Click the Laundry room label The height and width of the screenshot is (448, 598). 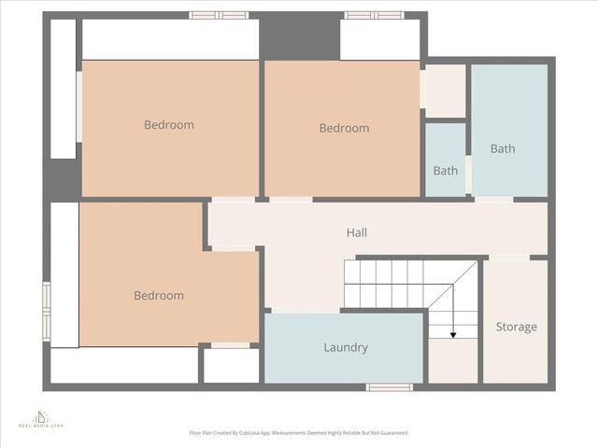pyautogui.click(x=346, y=348)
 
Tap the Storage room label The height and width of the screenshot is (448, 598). pyautogui.click(x=516, y=327)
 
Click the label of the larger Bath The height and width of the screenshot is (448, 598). pyautogui.click(x=503, y=148)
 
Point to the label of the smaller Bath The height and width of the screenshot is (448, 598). pyautogui.click(x=446, y=171)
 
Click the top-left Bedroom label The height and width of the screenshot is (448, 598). pyautogui.click(x=169, y=125)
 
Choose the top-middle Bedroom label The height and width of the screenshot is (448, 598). pyautogui.click(x=344, y=128)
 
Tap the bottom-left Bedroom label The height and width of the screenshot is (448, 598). pyautogui.click(x=159, y=296)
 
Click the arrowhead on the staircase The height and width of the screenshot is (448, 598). pyautogui.click(x=453, y=334)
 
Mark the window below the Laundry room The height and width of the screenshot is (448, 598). pyautogui.click(x=389, y=386)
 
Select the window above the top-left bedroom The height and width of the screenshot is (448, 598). pyautogui.click(x=219, y=15)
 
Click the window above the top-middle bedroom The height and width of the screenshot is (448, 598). pyautogui.click(x=374, y=15)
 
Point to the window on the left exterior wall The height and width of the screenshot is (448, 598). pyautogui.click(x=46, y=309)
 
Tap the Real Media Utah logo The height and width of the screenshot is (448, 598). pyautogui.click(x=40, y=418)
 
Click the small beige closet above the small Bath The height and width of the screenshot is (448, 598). pyautogui.click(x=445, y=91)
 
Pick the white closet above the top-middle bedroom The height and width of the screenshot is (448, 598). pyautogui.click(x=379, y=40)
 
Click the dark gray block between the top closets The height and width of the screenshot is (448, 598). pyautogui.click(x=299, y=37)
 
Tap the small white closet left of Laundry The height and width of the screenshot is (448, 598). pyautogui.click(x=231, y=365)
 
